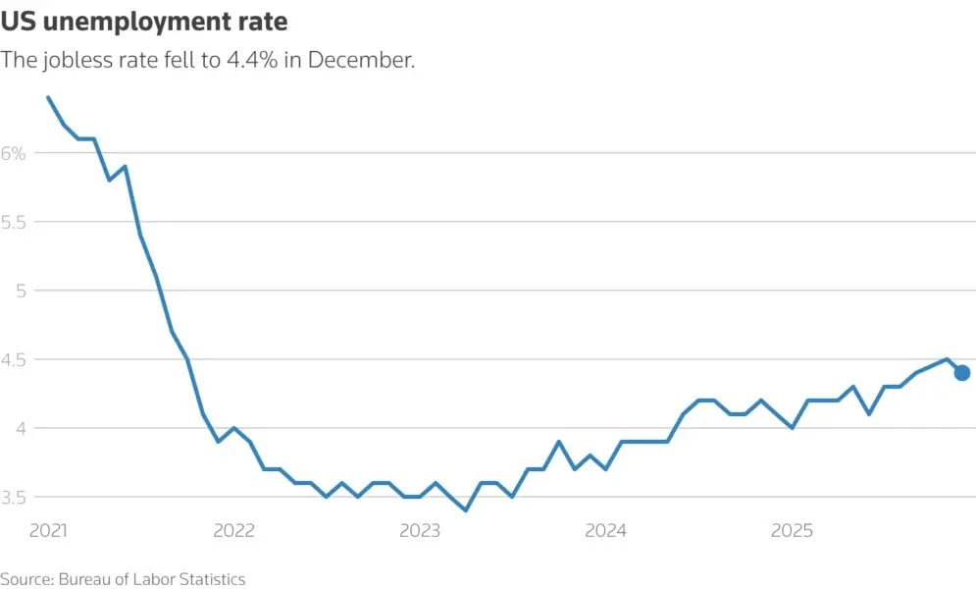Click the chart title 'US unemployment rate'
144,21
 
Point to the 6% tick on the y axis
14,153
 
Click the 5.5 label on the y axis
14,222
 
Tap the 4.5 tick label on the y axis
14,359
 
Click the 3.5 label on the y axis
14,497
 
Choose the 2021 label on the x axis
48,531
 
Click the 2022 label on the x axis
233,531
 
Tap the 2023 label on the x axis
420,531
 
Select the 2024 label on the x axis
605,531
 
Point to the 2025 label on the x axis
792,531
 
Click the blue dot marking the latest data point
962,372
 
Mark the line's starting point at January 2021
48,97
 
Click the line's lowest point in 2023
466,510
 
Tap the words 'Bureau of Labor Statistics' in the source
151,579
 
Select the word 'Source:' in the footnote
26,579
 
